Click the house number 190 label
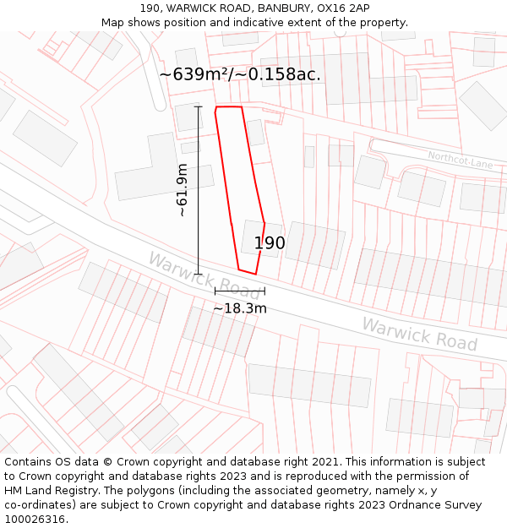[270, 243]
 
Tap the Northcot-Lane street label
[460, 158]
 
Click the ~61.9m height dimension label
[183, 190]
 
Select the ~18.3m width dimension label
[239, 309]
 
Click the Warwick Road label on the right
[419, 334]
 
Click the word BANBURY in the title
[280, 8]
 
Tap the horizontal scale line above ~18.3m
[239, 291]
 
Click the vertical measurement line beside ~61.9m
[199, 190]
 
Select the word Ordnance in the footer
[421, 505]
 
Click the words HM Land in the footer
[35, 491]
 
